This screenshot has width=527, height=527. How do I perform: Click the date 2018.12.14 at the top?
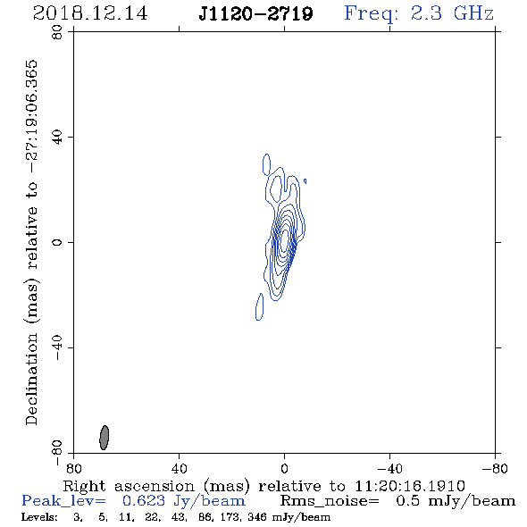pyautogui.click(x=90, y=13)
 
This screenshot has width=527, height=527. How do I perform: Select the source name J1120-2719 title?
pyautogui.click(x=255, y=13)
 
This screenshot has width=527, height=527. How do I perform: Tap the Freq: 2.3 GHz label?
pyautogui.click(x=419, y=13)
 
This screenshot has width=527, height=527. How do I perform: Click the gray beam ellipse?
pyautogui.click(x=105, y=438)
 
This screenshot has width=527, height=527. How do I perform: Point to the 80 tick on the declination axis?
pyautogui.click(x=57, y=32)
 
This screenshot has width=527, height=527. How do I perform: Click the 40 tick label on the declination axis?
pyautogui.click(x=57, y=138)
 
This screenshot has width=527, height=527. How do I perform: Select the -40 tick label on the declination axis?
pyautogui.click(x=57, y=347)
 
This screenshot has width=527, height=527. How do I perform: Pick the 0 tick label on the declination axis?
pyautogui.click(x=57, y=242)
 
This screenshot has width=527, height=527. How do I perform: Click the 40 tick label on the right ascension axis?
pyautogui.click(x=179, y=468)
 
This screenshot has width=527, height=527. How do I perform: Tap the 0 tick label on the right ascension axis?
pyautogui.click(x=284, y=468)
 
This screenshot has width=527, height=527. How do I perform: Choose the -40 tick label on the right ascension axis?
pyautogui.click(x=389, y=468)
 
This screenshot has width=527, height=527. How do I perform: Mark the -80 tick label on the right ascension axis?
pyautogui.click(x=495, y=468)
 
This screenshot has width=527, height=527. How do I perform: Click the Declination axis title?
pyautogui.click(x=31, y=242)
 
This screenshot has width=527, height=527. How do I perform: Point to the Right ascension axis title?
pyautogui.click(x=263, y=486)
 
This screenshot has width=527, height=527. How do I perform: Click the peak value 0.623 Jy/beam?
pyautogui.click(x=184, y=501)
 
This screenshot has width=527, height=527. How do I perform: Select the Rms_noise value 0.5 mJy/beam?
pyautogui.click(x=456, y=501)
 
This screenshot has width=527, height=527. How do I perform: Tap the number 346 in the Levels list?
pyautogui.click(x=258, y=516)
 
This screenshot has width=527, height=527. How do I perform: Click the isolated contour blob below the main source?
pyautogui.click(x=259, y=306)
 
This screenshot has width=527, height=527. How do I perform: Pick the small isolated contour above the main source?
pyautogui.click(x=266, y=164)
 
